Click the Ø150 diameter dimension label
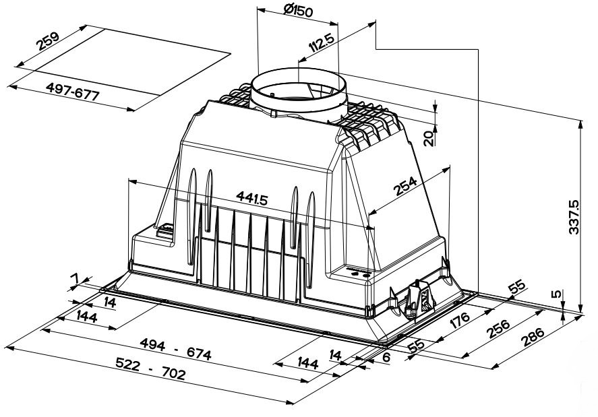298,10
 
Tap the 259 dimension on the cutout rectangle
48,41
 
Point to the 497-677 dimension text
72,91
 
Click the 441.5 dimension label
252,198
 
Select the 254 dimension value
406,186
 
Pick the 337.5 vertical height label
574,217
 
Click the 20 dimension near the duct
429,138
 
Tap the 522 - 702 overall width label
150,369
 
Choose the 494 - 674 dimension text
175,349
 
